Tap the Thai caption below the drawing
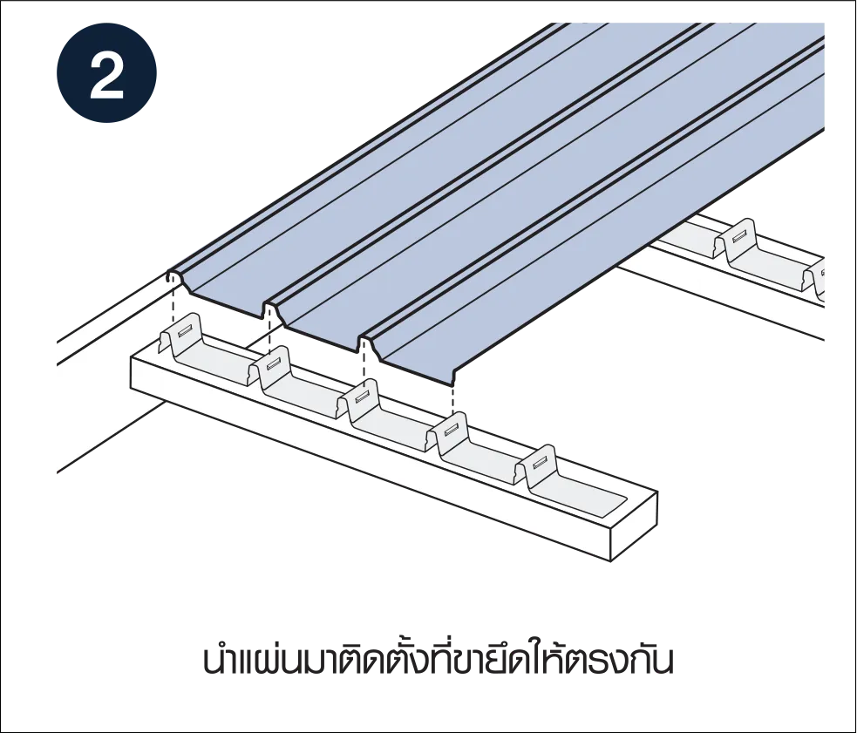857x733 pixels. click(x=438, y=661)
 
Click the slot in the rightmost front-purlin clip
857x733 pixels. click(x=541, y=458)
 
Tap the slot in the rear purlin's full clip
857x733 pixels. click(x=740, y=235)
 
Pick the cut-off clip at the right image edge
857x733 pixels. click(x=817, y=279)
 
